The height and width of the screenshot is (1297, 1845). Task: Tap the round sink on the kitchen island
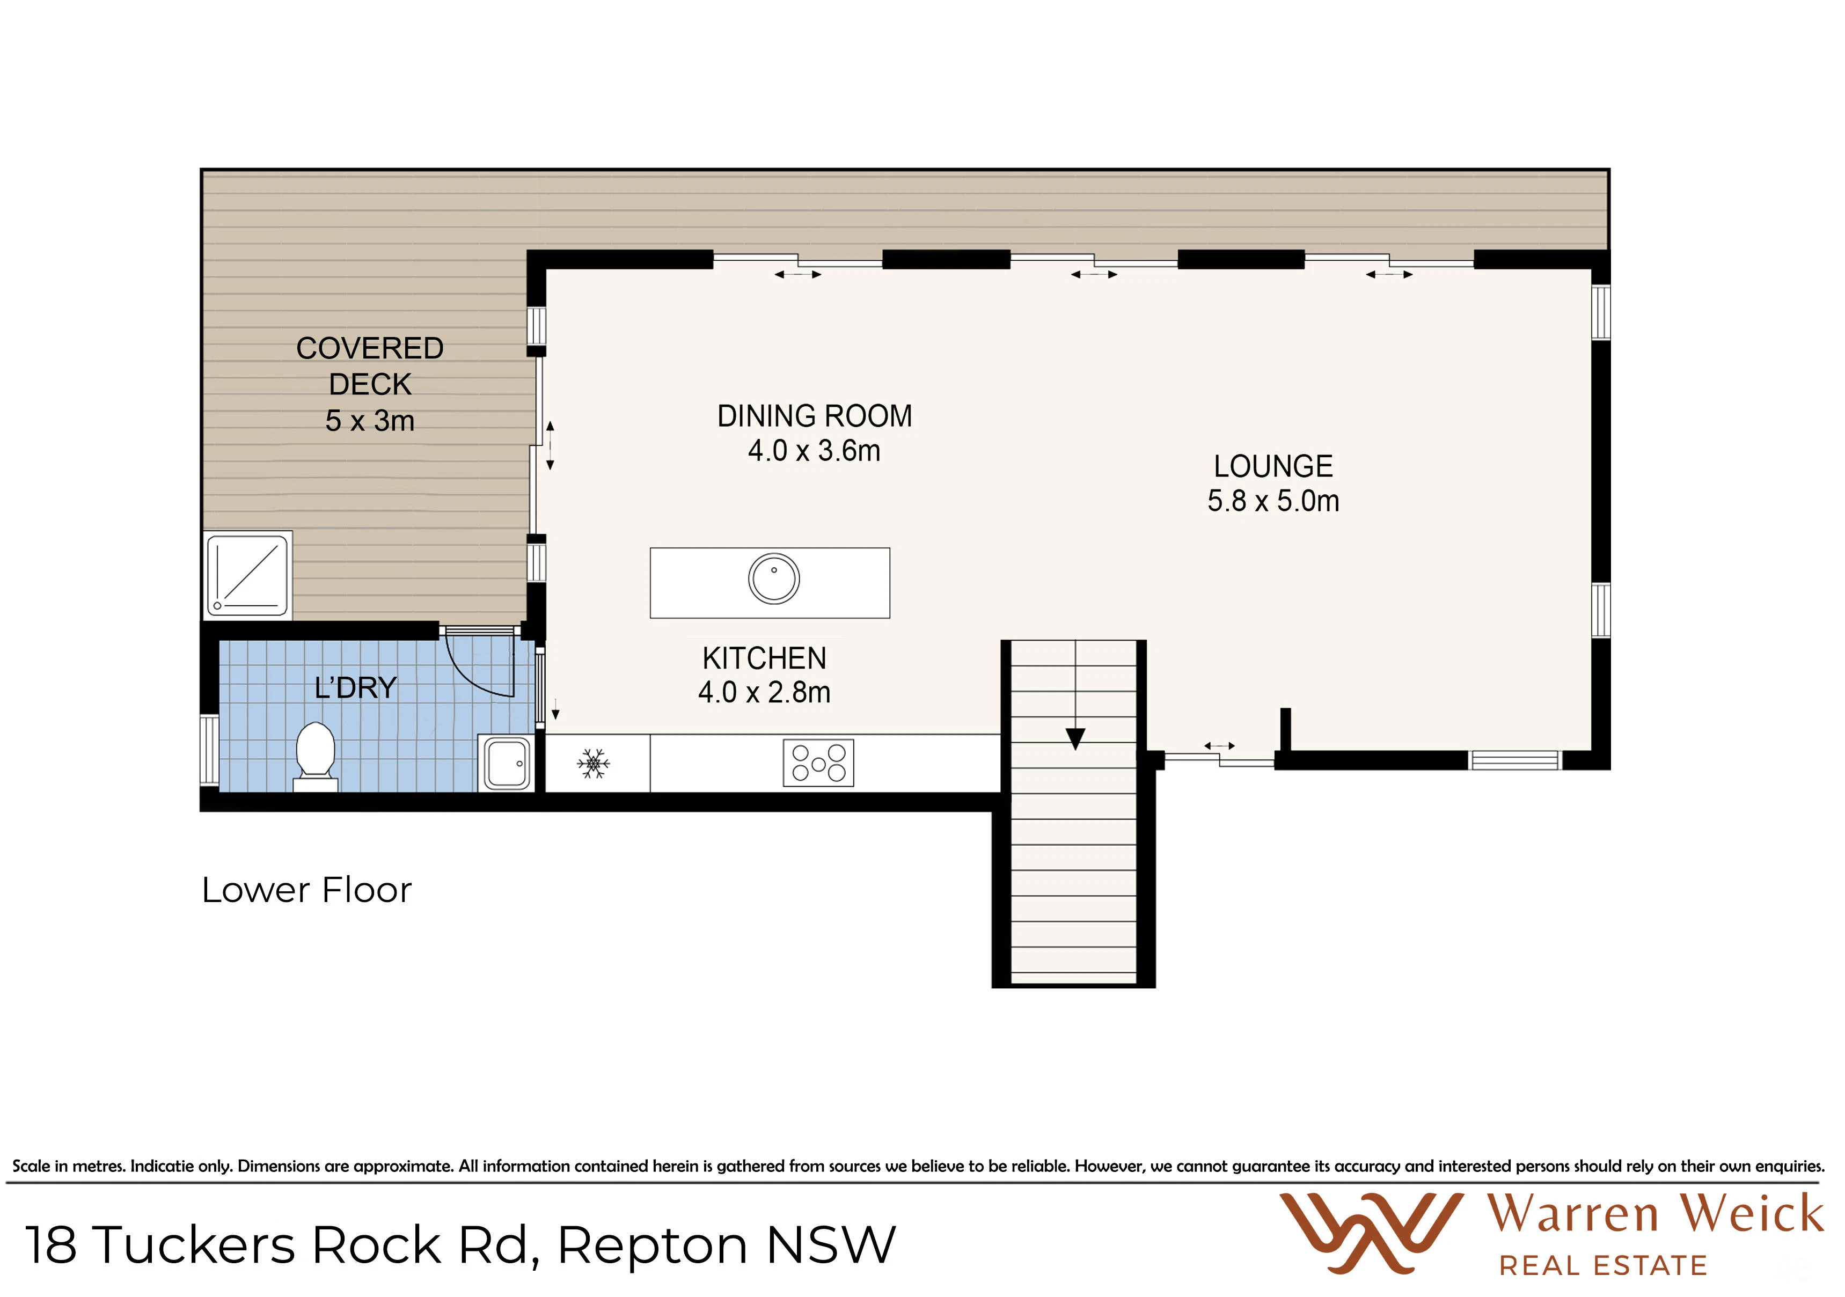pos(774,578)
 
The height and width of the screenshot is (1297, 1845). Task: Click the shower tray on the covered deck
pos(248,575)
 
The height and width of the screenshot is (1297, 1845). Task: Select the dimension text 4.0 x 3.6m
pos(814,451)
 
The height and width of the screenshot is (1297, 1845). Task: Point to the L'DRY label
pos(355,688)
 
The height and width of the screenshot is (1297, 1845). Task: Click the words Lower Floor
pos(306,890)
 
